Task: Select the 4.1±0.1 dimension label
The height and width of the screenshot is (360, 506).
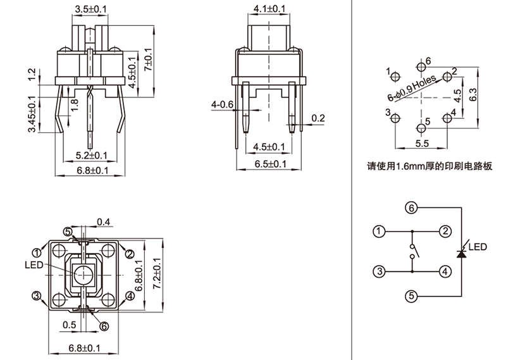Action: click(269, 9)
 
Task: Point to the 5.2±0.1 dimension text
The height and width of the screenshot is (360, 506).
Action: click(92, 154)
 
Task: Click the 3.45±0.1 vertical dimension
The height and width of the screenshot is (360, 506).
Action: click(32, 115)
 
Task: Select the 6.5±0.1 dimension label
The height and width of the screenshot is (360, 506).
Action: click(269, 164)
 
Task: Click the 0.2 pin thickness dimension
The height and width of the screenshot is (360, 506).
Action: click(318, 118)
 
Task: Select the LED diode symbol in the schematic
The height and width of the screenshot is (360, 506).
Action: click(462, 252)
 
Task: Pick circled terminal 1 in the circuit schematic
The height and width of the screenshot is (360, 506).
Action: click(378, 231)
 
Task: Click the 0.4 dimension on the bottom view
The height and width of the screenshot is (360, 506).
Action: click(104, 221)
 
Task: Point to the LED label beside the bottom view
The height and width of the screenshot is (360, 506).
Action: click(34, 264)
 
